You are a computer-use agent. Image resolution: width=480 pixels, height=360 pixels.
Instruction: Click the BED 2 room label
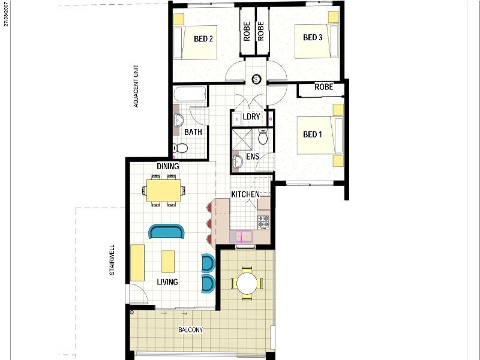tap(203, 39)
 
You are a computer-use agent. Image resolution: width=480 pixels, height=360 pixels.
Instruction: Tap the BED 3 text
tap(313, 37)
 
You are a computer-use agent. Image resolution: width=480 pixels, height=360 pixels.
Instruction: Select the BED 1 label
tap(312, 134)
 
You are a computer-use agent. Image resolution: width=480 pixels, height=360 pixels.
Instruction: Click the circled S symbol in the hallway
tap(256, 80)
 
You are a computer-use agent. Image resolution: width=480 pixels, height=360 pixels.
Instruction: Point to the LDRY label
tap(251, 116)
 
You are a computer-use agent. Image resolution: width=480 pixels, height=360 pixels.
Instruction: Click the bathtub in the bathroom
tap(190, 94)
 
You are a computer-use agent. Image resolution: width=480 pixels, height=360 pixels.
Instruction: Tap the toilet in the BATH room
tap(180, 148)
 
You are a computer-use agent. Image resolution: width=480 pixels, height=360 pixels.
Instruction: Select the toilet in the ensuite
tap(263, 136)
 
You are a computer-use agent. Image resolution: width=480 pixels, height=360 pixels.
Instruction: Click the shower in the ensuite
tap(242, 140)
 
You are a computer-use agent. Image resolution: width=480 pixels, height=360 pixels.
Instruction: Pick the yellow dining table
tap(163, 190)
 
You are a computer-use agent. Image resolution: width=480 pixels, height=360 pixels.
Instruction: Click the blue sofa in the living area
tap(167, 232)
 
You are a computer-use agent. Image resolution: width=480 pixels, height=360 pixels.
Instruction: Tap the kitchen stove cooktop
tap(263, 222)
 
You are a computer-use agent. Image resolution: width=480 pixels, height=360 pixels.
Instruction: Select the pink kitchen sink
tap(241, 237)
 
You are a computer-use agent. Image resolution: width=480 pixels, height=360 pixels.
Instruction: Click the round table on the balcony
tap(247, 283)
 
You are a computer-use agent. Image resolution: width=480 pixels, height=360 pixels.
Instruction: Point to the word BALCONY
tap(190, 329)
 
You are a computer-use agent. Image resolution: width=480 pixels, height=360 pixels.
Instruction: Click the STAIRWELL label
tap(112, 260)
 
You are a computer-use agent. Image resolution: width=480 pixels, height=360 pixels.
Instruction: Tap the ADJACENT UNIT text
tap(136, 86)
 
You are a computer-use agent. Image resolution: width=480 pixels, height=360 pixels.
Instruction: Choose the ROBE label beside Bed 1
tap(323, 87)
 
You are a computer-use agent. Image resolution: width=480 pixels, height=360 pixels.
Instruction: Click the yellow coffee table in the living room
tap(168, 262)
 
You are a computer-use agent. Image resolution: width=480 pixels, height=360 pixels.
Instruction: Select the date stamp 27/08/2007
tap(6, 14)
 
